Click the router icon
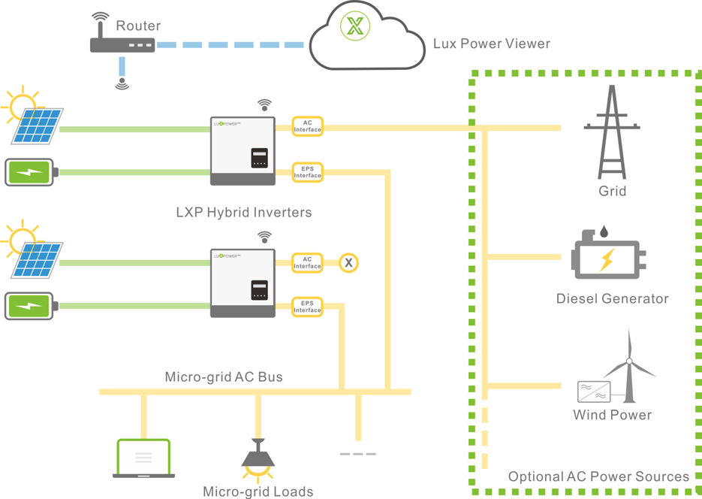click(x=122, y=44)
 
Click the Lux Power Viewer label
click(x=491, y=44)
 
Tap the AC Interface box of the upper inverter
click(x=307, y=126)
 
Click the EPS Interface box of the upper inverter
click(x=307, y=172)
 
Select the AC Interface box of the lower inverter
click(x=307, y=262)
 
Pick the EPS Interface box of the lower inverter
click(x=307, y=307)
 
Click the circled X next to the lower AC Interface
click(x=348, y=262)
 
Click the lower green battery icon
click(x=29, y=306)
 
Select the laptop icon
click(x=143, y=458)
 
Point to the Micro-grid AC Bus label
click(x=224, y=377)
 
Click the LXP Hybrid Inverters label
click(x=243, y=212)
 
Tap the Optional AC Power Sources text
click(x=598, y=476)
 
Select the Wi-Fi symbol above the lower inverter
click(x=264, y=237)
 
